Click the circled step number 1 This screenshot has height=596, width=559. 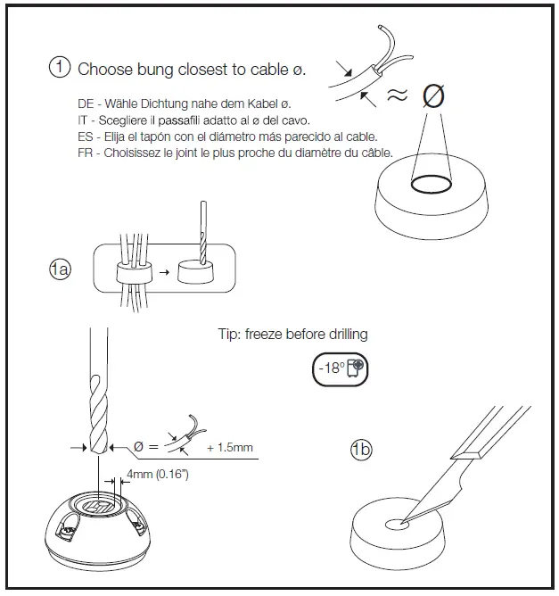[60, 68]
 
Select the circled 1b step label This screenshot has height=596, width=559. [361, 450]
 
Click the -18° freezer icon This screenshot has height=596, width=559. [341, 368]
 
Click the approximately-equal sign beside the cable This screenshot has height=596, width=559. [397, 95]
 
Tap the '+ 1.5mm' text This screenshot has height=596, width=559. [229, 447]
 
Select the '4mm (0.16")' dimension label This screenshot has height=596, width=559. [157, 475]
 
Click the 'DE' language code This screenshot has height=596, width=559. [86, 104]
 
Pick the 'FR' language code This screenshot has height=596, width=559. [86, 153]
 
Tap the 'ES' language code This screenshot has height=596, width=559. [86, 137]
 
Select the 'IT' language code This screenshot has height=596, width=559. [85, 120]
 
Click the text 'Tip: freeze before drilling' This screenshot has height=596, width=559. [292, 335]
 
